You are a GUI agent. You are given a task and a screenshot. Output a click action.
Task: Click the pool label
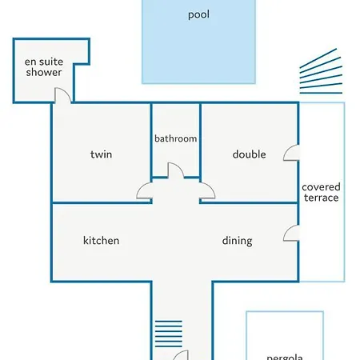tap(198, 14)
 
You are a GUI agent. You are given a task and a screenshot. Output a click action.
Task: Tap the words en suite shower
tap(44, 67)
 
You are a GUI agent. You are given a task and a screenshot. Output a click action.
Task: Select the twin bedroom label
tap(101, 154)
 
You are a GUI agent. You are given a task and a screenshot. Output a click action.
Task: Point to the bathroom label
tap(176, 138)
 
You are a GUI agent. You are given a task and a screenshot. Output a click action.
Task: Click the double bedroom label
tap(249, 154)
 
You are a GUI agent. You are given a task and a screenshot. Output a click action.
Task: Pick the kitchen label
tap(101, 240)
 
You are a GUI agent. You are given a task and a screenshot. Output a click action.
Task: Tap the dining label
tap(237, 241)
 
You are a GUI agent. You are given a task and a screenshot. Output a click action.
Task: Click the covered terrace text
tap(321, 192)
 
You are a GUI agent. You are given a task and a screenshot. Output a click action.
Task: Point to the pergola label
tap(285, 357)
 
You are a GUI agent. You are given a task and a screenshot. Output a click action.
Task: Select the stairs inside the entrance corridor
tap(169, 334)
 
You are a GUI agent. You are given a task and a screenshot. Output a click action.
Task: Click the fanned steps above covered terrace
tap(321, 71)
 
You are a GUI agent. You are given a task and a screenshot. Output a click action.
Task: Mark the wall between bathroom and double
tap(200, 140)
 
